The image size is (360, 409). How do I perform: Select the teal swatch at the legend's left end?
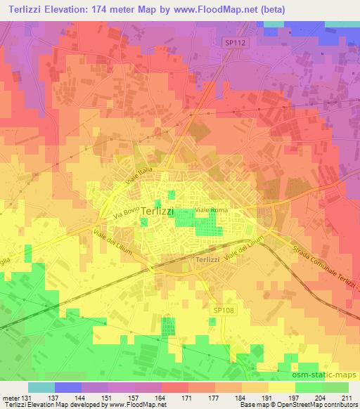click(41, 387)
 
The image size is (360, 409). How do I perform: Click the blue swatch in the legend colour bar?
click(68, 387)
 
